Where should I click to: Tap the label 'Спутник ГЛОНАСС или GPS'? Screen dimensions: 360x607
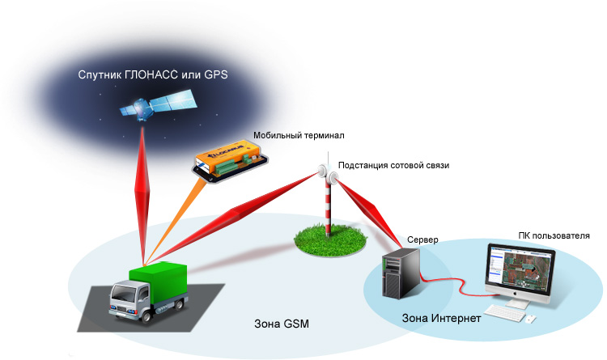tap(153, 74)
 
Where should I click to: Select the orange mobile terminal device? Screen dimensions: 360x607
tap(226, 155)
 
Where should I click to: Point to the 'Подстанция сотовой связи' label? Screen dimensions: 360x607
tap(393, 165)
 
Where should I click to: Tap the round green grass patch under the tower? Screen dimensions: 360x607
tap(328, 238)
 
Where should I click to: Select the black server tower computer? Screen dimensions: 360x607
tap(401, 276)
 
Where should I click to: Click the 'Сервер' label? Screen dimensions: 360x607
tap(423, 240)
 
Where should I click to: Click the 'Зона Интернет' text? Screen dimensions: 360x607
tap(442, 319)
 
